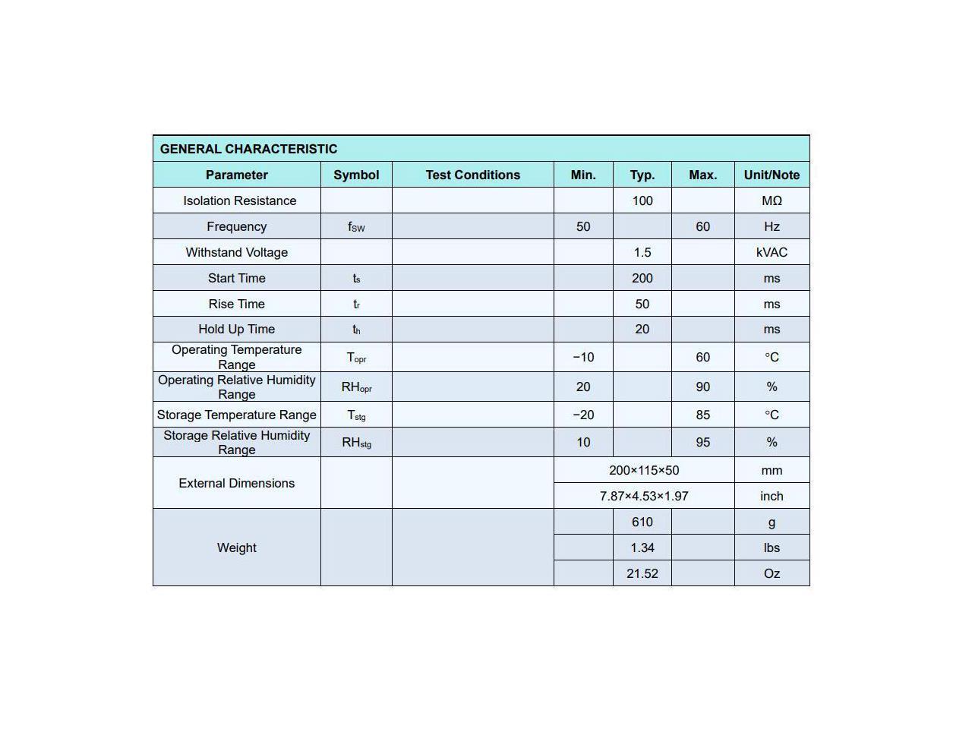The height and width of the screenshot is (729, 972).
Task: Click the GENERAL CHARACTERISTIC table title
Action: [x=248, y=149]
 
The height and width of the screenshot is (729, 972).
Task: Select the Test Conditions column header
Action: [x=472, y=175]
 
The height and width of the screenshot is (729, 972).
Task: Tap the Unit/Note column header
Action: [x=772, y=175]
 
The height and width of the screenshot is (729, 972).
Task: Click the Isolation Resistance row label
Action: [x=239, y=200]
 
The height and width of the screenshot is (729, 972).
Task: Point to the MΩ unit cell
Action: [x=772, y=200]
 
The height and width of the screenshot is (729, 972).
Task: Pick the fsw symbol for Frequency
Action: [x=356, y=226]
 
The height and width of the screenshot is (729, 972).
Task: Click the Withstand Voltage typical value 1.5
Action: [x=642, y=252]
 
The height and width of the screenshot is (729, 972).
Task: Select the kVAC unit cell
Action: [x=772, y=252]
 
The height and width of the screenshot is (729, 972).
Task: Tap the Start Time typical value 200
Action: [x=642, y=278]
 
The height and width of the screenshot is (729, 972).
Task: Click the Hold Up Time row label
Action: [x=236, y=329]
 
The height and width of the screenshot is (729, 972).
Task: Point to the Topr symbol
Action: [x=356, y=357]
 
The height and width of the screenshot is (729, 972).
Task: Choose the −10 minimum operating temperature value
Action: [x=583, y=357]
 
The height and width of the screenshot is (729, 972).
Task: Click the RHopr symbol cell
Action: [x=356, y=387]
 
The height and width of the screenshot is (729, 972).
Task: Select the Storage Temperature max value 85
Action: [x=702, y=415]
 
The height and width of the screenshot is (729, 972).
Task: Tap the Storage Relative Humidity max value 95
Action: [x=702, y=442]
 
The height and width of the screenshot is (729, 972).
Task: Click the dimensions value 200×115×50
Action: [x=644, y=470]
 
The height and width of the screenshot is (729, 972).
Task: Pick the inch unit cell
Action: [x=772, y=496]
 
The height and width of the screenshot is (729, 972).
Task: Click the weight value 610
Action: [x=642, y=522]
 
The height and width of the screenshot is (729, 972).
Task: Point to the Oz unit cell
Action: [x=772, y=573]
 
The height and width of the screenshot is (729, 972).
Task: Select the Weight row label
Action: [x=236, y=548]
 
